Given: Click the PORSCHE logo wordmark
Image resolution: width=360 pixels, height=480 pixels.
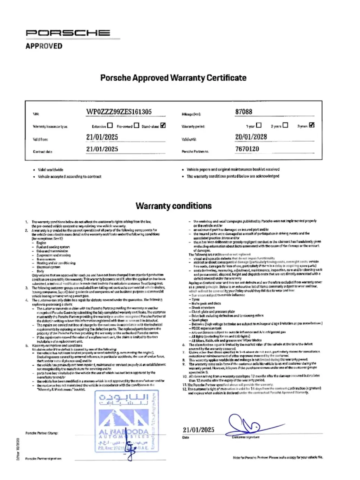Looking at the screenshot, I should [x=68, y=33].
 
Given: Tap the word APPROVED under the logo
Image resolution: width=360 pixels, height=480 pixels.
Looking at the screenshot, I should [x=44, y=46].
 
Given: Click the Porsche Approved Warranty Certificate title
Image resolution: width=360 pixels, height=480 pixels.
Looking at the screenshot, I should [x=173, y=78].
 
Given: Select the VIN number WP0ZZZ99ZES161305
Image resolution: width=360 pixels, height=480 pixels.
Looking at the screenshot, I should [x=119, y=112].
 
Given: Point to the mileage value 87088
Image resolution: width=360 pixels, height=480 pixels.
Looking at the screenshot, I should [x=244, y=112].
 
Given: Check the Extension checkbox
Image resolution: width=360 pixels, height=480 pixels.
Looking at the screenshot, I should [x=110, y=125].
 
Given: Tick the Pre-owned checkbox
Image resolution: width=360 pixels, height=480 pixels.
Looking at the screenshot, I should [x=136, y=125].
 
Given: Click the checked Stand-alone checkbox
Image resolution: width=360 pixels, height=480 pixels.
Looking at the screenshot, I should [x=163, y=125].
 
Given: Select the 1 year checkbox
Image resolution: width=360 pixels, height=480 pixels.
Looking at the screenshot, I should [x=258, y=125].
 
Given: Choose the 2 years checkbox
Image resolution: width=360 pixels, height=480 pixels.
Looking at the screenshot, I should [x=285, y=125].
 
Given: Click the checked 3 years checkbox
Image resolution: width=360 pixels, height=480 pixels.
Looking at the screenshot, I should [x=312, y=125].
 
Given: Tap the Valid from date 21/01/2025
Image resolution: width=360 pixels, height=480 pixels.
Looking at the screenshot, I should [x=102, y=137].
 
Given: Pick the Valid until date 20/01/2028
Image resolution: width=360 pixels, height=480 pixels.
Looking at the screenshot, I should [x=251, y=137].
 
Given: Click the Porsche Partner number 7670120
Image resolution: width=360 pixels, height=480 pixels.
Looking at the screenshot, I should [x=247, y=149].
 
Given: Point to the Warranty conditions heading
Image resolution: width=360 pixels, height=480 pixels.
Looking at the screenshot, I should [x=174, y=206].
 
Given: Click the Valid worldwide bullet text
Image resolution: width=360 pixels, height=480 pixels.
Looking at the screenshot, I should [x=50, y=170].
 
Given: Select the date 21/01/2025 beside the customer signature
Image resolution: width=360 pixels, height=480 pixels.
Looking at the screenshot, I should [x=198, y=430].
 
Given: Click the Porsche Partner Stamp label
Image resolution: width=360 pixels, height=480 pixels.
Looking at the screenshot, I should [x=41, y=433].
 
